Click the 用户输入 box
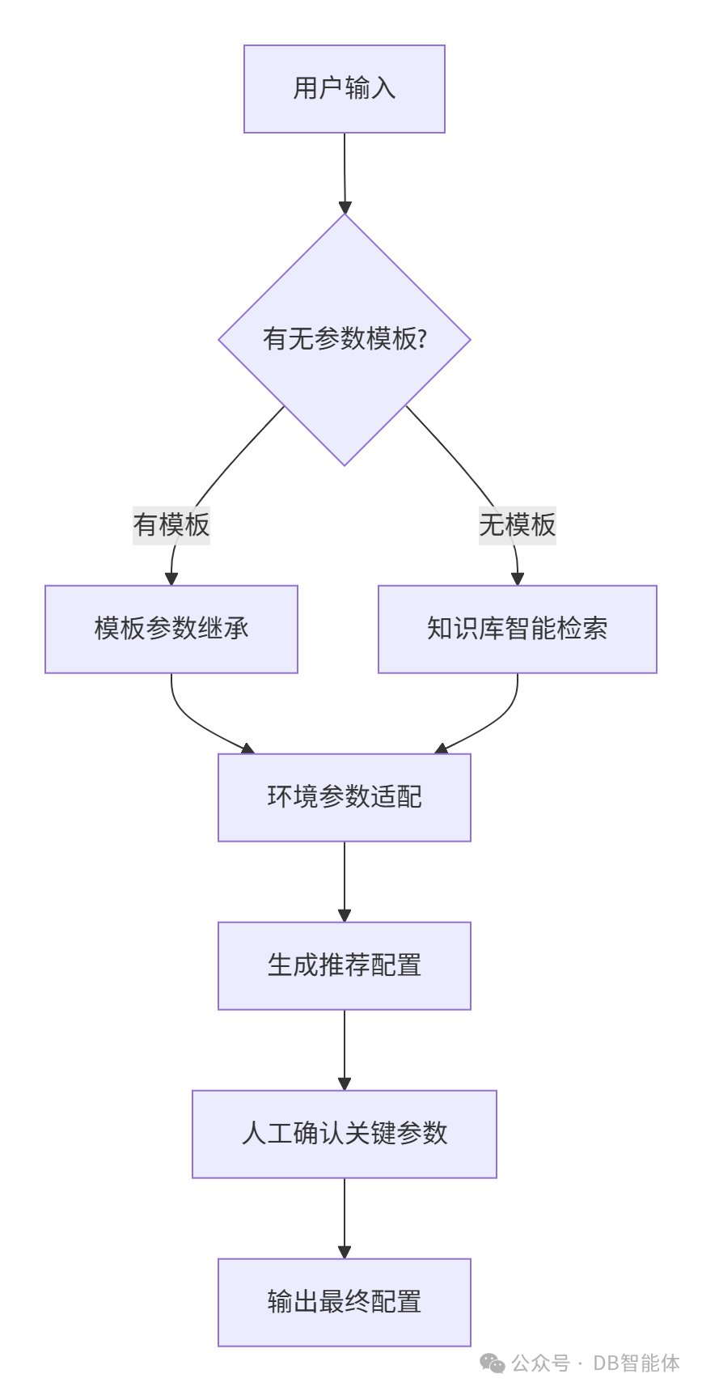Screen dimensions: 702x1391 345,89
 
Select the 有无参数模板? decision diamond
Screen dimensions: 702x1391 345,339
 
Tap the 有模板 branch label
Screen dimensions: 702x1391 171,524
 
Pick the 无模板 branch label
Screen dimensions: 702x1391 518,524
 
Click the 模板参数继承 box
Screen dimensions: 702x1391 171,630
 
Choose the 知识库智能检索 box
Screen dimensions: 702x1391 518,630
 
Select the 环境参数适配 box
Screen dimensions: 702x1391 345,798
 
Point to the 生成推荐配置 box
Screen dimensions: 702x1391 345,966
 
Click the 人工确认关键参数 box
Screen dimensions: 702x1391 345,1134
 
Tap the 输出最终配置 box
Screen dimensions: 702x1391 345,1303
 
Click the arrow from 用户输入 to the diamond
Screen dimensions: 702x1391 345,173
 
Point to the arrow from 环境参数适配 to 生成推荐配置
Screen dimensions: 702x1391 345,882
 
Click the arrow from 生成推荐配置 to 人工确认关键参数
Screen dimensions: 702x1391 345,1050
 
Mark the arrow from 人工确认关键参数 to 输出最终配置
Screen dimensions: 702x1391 345,1219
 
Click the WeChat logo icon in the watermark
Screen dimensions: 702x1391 493,1363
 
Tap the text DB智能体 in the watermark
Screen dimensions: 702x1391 636,1363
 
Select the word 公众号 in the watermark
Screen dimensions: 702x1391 540,1363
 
